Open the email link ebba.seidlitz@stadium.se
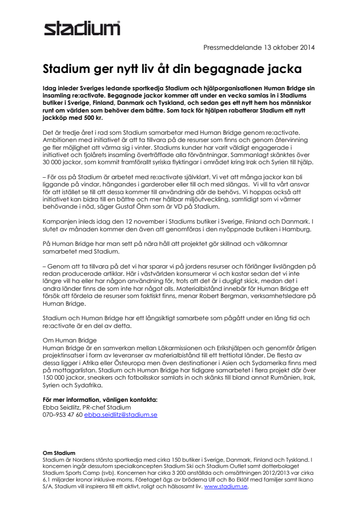[x=121, y=415]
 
